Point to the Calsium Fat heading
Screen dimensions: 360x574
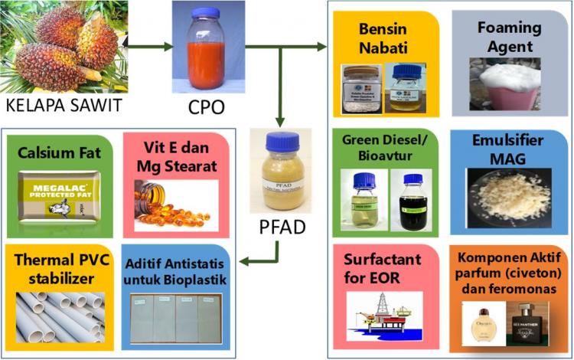point(58,150)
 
